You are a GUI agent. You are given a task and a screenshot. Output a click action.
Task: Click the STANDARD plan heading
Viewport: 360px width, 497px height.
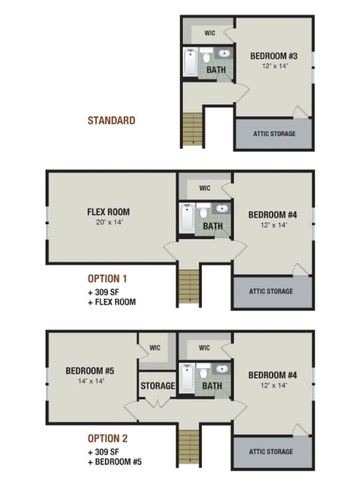click(112, 121)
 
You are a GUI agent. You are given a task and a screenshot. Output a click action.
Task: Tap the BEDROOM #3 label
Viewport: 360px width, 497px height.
click(274, 56)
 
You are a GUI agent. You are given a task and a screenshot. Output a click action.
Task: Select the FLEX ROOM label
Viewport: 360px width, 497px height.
click(108, 212)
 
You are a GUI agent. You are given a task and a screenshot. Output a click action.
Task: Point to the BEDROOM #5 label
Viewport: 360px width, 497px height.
click(90, 370)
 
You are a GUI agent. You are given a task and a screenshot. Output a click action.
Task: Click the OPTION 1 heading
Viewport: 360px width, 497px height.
click(107, 278)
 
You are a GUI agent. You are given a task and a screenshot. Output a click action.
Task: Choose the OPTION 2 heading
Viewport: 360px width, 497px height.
click(107, 439)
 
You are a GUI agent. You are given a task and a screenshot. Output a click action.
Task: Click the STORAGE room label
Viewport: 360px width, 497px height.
click(158, 386)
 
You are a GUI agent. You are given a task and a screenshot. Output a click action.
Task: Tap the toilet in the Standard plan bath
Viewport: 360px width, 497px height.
click(207, 55)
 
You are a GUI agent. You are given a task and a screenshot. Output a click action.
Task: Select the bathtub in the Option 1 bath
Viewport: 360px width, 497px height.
click(186, 218)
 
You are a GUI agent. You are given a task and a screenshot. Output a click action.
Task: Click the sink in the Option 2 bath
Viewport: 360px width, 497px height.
click(222, 368)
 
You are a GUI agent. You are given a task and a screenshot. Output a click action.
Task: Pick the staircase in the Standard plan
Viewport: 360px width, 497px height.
click(192, 129)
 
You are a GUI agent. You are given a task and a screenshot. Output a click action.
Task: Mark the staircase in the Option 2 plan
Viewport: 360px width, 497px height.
click(189, 447)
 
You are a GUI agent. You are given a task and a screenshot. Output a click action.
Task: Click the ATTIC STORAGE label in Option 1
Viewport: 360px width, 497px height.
click(271, 291)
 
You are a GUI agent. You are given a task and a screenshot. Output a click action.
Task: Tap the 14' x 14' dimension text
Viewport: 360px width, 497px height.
click(91, 381)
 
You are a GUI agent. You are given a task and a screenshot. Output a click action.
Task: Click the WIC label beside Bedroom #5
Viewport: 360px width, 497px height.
click(155, 348)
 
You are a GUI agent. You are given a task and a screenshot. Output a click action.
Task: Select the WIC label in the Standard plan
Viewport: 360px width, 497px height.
click(210, 33)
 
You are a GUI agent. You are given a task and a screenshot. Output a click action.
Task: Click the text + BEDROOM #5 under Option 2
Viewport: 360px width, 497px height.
click(115, 462)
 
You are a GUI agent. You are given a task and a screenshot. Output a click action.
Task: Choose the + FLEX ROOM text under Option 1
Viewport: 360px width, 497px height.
click(112, 302)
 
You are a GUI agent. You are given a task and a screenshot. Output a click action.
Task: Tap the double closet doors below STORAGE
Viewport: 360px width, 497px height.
click(158, 403)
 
